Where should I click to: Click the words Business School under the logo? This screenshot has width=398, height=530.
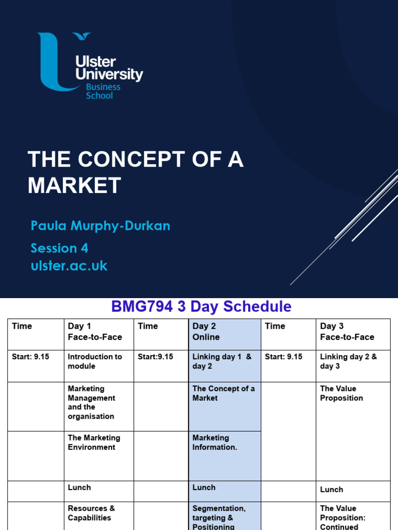point(103,91)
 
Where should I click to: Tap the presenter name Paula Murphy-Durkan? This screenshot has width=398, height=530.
point(100,226)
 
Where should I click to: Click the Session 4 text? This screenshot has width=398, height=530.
point(59,248)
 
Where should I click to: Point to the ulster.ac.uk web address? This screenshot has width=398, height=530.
point(69,266)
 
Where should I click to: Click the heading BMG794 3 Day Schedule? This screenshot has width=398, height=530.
point(201,306)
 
